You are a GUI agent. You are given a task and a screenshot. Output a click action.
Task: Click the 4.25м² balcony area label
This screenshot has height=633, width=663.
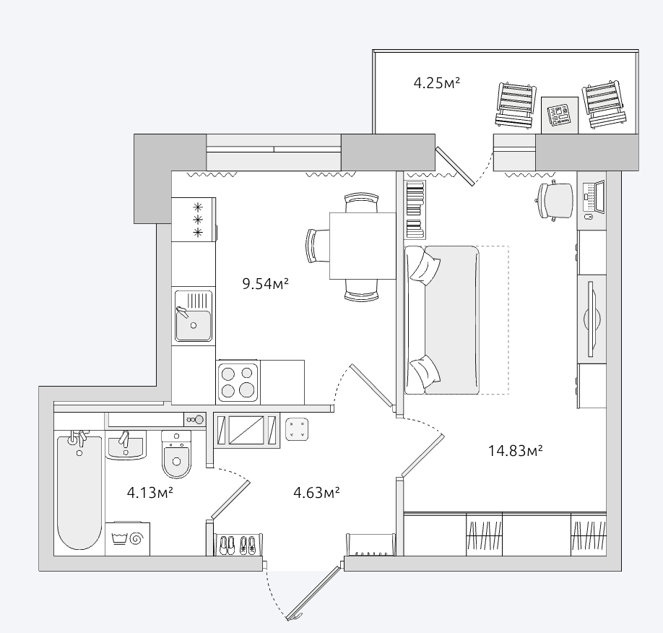coord(436,82)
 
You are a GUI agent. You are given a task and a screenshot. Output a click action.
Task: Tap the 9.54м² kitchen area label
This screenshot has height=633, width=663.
coord(265,283)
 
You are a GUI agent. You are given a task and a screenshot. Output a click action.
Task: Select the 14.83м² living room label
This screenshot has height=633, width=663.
coord(515,451)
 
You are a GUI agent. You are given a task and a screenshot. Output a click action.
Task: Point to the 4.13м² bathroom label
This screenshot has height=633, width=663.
coord(150,493)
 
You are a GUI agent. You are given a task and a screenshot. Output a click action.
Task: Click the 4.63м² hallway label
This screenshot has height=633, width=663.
coord(317,493)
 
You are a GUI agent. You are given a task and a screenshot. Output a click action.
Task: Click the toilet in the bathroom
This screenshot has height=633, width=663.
coord(176,455)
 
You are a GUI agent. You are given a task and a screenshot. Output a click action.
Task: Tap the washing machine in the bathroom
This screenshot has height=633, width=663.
coord(127,538)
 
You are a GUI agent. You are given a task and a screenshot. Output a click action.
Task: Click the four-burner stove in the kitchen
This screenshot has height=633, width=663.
coord(238,382)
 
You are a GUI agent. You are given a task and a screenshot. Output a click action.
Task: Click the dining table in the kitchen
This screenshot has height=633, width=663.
coord(363,246)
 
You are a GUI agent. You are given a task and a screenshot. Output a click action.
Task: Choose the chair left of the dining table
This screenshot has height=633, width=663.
coord(318,246)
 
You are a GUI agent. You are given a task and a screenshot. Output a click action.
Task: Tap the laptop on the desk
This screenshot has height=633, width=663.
coord(594,197)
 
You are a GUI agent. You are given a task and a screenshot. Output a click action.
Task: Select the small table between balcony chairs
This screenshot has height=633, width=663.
coord(560,115)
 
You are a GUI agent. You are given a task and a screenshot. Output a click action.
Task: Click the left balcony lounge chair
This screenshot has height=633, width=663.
coord(516,105)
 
